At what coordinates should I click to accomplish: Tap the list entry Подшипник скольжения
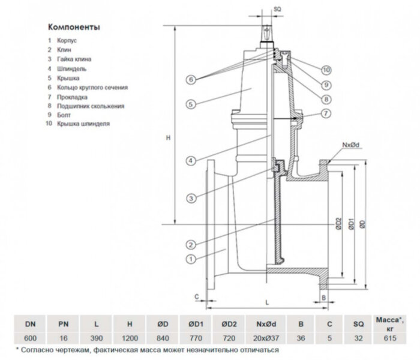pyautogui.click(x=90, y=106)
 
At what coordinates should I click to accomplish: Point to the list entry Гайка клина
pyautogui.click(x=73, y=60)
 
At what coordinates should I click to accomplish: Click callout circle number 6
pyautogui.click(x=191, y=79)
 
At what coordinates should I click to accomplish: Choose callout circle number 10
pyautogui.click(x=326, y=69)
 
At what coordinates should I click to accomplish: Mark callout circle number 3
pyautogui.click(x=191, y=199)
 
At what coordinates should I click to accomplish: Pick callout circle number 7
pyautogui.click(x=326, y=113)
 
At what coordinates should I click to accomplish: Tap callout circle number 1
pyautogui.click(x=191, y=259)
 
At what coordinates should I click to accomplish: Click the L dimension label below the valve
pyautogui.click(x=265, y=304)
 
